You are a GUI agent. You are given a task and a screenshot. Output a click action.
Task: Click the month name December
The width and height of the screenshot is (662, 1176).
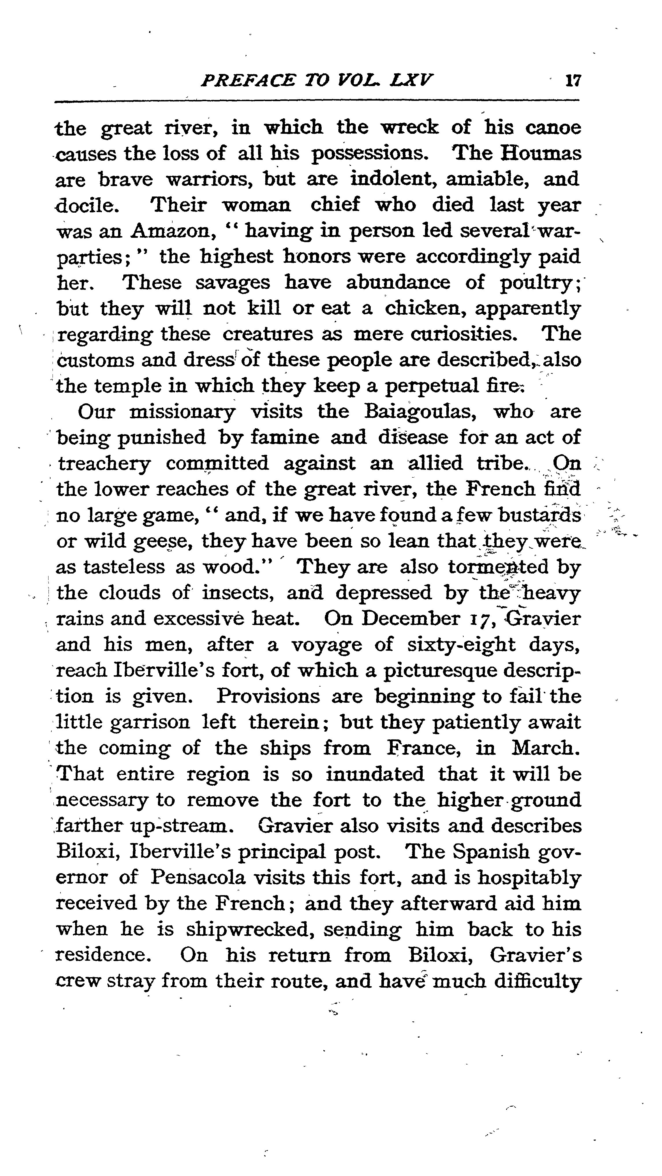[x=411, y=619]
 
